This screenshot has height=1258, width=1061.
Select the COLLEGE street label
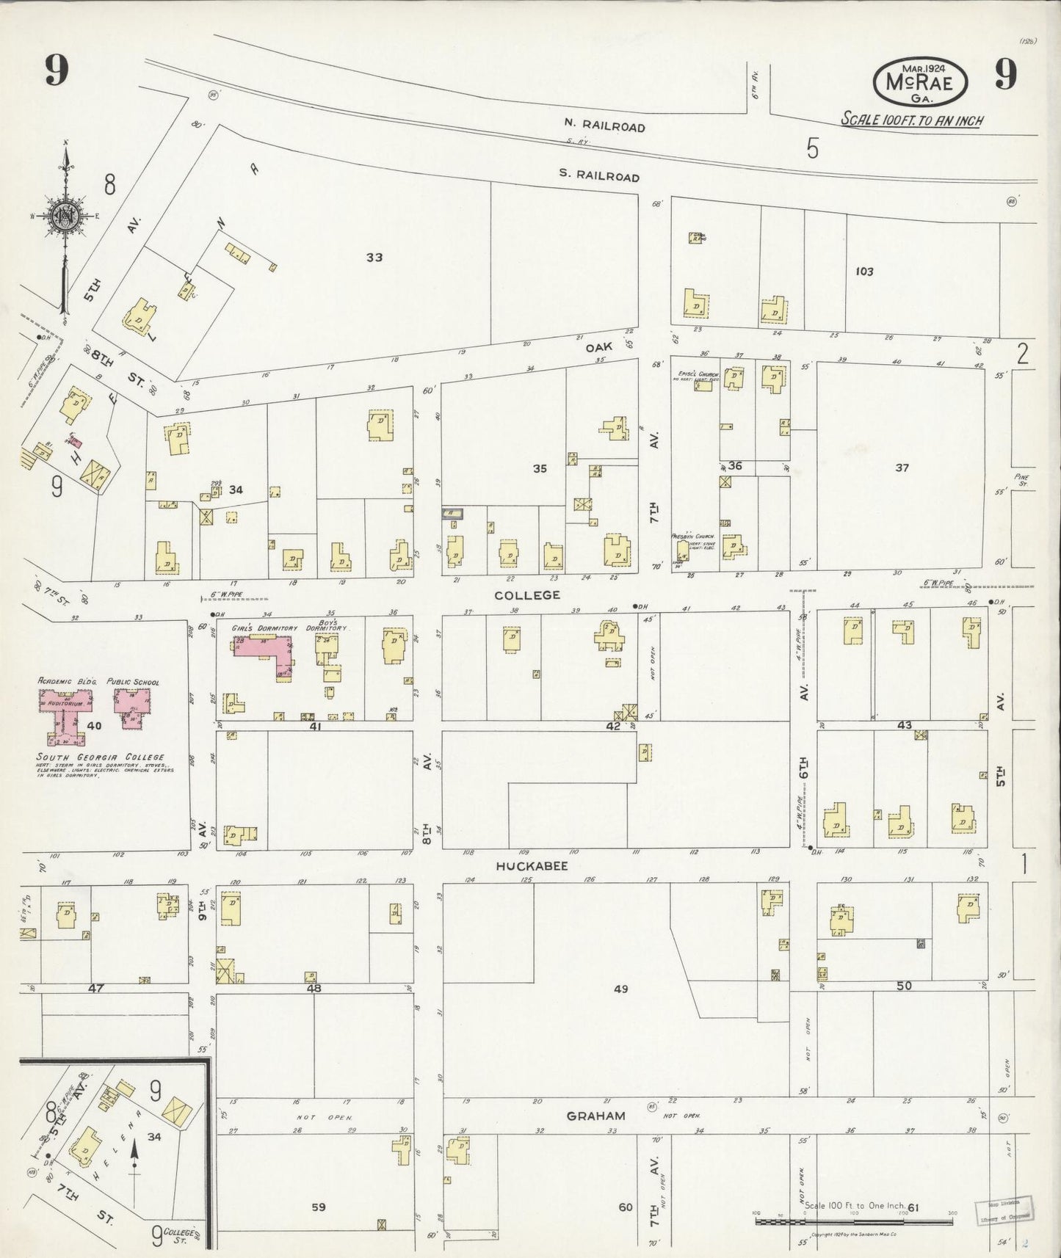click(x=526, y=595)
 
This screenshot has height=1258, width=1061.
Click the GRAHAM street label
click(x=595, y=1116)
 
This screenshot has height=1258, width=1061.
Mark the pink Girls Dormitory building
click(x=263, y=647)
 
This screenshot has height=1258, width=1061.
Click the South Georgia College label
click(x=101, y=757)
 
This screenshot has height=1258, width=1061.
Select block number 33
click(x=374, y=258)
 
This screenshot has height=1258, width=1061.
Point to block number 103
click(x=864, y=272)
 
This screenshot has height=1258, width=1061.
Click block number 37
click(x=902, y=468)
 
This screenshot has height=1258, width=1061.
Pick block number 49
click(x=621, y=989)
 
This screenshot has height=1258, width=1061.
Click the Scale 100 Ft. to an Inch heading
click(x=912, y=120)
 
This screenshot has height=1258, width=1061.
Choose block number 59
click(x=318, y=1207)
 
